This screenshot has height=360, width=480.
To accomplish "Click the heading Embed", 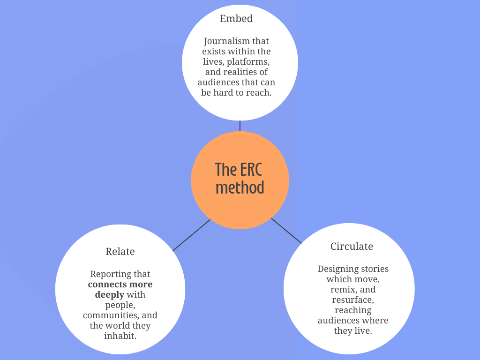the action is tap(236, 19).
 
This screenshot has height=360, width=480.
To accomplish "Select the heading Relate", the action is tap(120, 252).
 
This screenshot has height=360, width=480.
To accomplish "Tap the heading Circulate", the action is tap(352, 247).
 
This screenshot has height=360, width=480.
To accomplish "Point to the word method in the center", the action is tap(240, 187).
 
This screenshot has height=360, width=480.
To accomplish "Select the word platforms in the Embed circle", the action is tap(248, 62).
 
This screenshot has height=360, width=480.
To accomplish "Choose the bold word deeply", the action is tap(109, 295).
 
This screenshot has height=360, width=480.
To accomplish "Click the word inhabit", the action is tap(120, 336).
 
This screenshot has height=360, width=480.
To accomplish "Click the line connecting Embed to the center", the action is tap(240, 126).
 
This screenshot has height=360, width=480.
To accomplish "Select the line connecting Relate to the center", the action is tap(191, 235).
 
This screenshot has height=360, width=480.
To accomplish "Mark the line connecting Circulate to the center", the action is tap(286, 231).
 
